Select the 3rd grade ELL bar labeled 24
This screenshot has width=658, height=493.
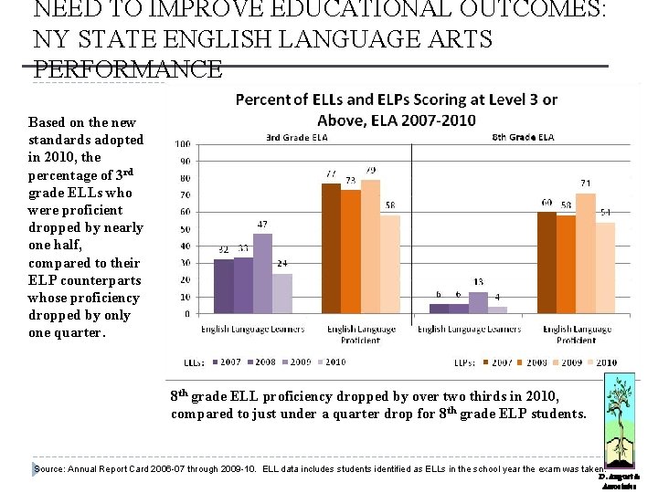[282, 293]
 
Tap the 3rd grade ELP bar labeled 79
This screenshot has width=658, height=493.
[370, 246]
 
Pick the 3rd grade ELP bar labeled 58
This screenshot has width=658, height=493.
[390, 265]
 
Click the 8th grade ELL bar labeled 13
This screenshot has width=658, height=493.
[478, 302]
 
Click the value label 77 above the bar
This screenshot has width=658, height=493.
[331, 173]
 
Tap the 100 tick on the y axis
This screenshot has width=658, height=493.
[182, 144]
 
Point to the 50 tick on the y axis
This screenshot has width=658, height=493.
[184, 229]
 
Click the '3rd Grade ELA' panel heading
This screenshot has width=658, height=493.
[296, 138]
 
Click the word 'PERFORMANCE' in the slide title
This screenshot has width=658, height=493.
[127, 69]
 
